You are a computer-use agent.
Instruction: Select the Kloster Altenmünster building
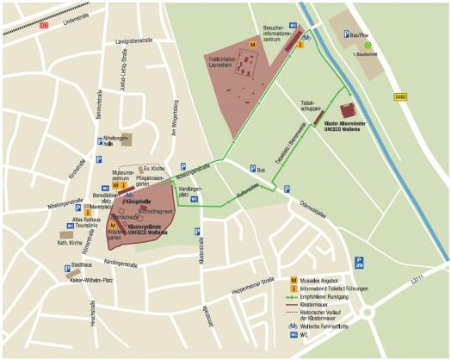click(348, 110)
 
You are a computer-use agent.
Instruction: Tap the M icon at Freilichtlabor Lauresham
click(252, 43)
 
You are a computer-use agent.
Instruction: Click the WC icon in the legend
click(293, 336)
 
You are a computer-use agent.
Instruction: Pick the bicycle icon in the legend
click(293, 326)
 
